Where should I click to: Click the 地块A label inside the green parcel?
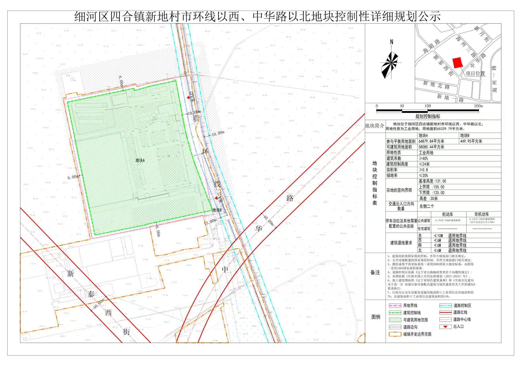pyautogui.click(x=140, y=160)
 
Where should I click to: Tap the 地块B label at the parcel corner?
pyautogui.click(x=217, y=210)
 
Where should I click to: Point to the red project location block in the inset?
pyautogui.click(x=457, y=62)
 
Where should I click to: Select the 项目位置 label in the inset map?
pyautogui.click(x=475, y=73)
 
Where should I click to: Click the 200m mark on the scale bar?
pyautogui.click(x=478, y=106)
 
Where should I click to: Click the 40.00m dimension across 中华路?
pyautogui.click(x=269, y=220)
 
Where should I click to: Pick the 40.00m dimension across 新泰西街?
pyautogui.click(x=99, y=304)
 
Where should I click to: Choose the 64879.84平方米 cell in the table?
pyautogui.click(x=431, y=141)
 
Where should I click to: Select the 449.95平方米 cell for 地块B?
pyautogui.click(x=471, y=141)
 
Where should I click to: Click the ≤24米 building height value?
pyautogui.click(x=424, y=164)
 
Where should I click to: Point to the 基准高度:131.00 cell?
pyautogui.click(x=432, y=181)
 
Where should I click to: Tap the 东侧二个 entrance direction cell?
pyautogui.click(x=427, y=206)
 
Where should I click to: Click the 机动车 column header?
pyautogui.click(x=447, y=214)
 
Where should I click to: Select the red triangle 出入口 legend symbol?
pyautogui.click(x=445, y=327)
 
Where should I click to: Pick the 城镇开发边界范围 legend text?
pyautogui.click(x=417, y=334)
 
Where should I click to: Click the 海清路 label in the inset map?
pyautogui.click(x=431, y=46)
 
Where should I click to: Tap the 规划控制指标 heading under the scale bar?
pyautogui.click(x=428, y=116)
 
